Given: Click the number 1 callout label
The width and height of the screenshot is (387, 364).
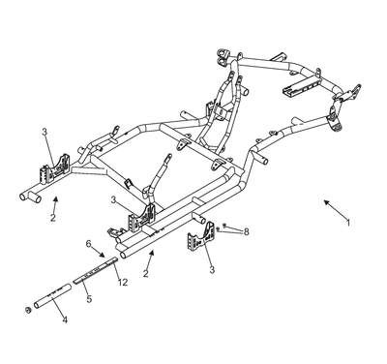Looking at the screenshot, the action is pyautogui.click(x=348, y=223).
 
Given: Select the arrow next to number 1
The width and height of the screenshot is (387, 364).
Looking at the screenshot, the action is pyautogui.click(x=335, y=208).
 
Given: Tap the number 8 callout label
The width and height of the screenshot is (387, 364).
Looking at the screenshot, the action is pyautogui.click(x=246, y=231).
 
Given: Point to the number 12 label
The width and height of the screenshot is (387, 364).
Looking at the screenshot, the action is pyautogui.click(x=123, y=283).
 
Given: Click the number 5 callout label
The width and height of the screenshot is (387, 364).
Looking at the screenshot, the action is pyautogui.click(x=89, y=298).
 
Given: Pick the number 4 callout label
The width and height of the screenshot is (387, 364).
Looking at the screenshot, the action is pyautogui.click(x=65, y=320).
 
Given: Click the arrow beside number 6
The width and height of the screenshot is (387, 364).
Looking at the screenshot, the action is pyautogui.click(x=98, y=251).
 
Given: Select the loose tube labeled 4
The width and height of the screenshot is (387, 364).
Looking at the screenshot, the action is pyautogui.click(x=52, y=295).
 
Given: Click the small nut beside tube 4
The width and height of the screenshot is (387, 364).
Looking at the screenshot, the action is pyautogui.click(x=28, y=311).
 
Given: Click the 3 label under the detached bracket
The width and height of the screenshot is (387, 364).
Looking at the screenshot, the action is pyautogui.click(x=212, y=269).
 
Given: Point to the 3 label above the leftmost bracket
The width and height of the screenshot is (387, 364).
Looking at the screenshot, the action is pyautogui.click(x=45, y=132).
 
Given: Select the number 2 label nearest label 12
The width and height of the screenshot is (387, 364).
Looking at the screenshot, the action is pyautogui.click(x=146, y=274).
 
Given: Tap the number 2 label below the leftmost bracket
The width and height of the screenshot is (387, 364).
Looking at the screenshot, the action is pyautogui.click(x=53, y=218).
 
